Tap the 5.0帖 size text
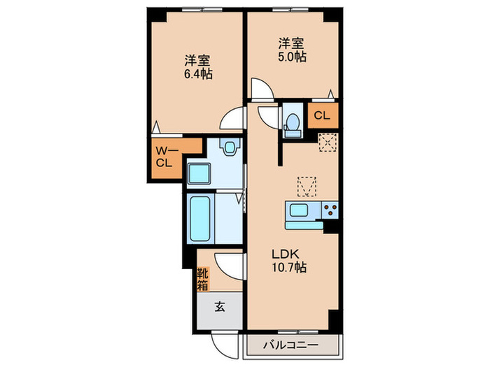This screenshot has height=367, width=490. pos(292,57)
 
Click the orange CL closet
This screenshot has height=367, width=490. pos(321,116)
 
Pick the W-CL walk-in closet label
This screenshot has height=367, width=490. pos(165,157)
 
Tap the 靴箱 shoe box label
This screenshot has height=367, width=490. pos(202,279)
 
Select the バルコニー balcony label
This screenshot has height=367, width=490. pos(290,345)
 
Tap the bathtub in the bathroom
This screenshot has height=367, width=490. pos(203,218)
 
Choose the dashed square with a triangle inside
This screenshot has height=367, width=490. pos(307,186)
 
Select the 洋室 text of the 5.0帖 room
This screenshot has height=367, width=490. pos(292,42)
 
